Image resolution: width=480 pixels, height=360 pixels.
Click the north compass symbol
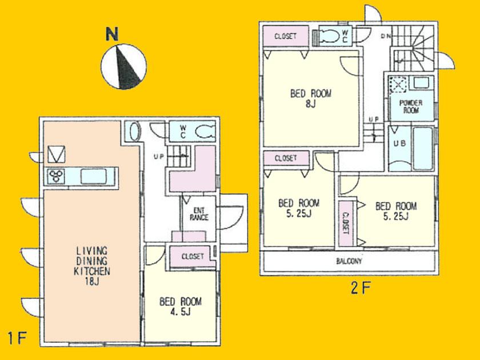point(123,67)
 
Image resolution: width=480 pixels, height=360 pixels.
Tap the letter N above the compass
point(112,34)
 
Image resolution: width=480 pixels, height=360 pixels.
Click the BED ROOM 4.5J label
point(180,306)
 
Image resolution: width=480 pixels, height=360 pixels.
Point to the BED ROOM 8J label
point(311,98)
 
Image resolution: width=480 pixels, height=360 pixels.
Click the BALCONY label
point(349,261)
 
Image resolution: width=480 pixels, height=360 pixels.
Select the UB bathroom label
point(399,144)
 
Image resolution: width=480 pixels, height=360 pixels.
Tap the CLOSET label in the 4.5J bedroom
point(193,257)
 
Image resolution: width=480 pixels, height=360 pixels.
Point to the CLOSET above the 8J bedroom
point(286,36)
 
